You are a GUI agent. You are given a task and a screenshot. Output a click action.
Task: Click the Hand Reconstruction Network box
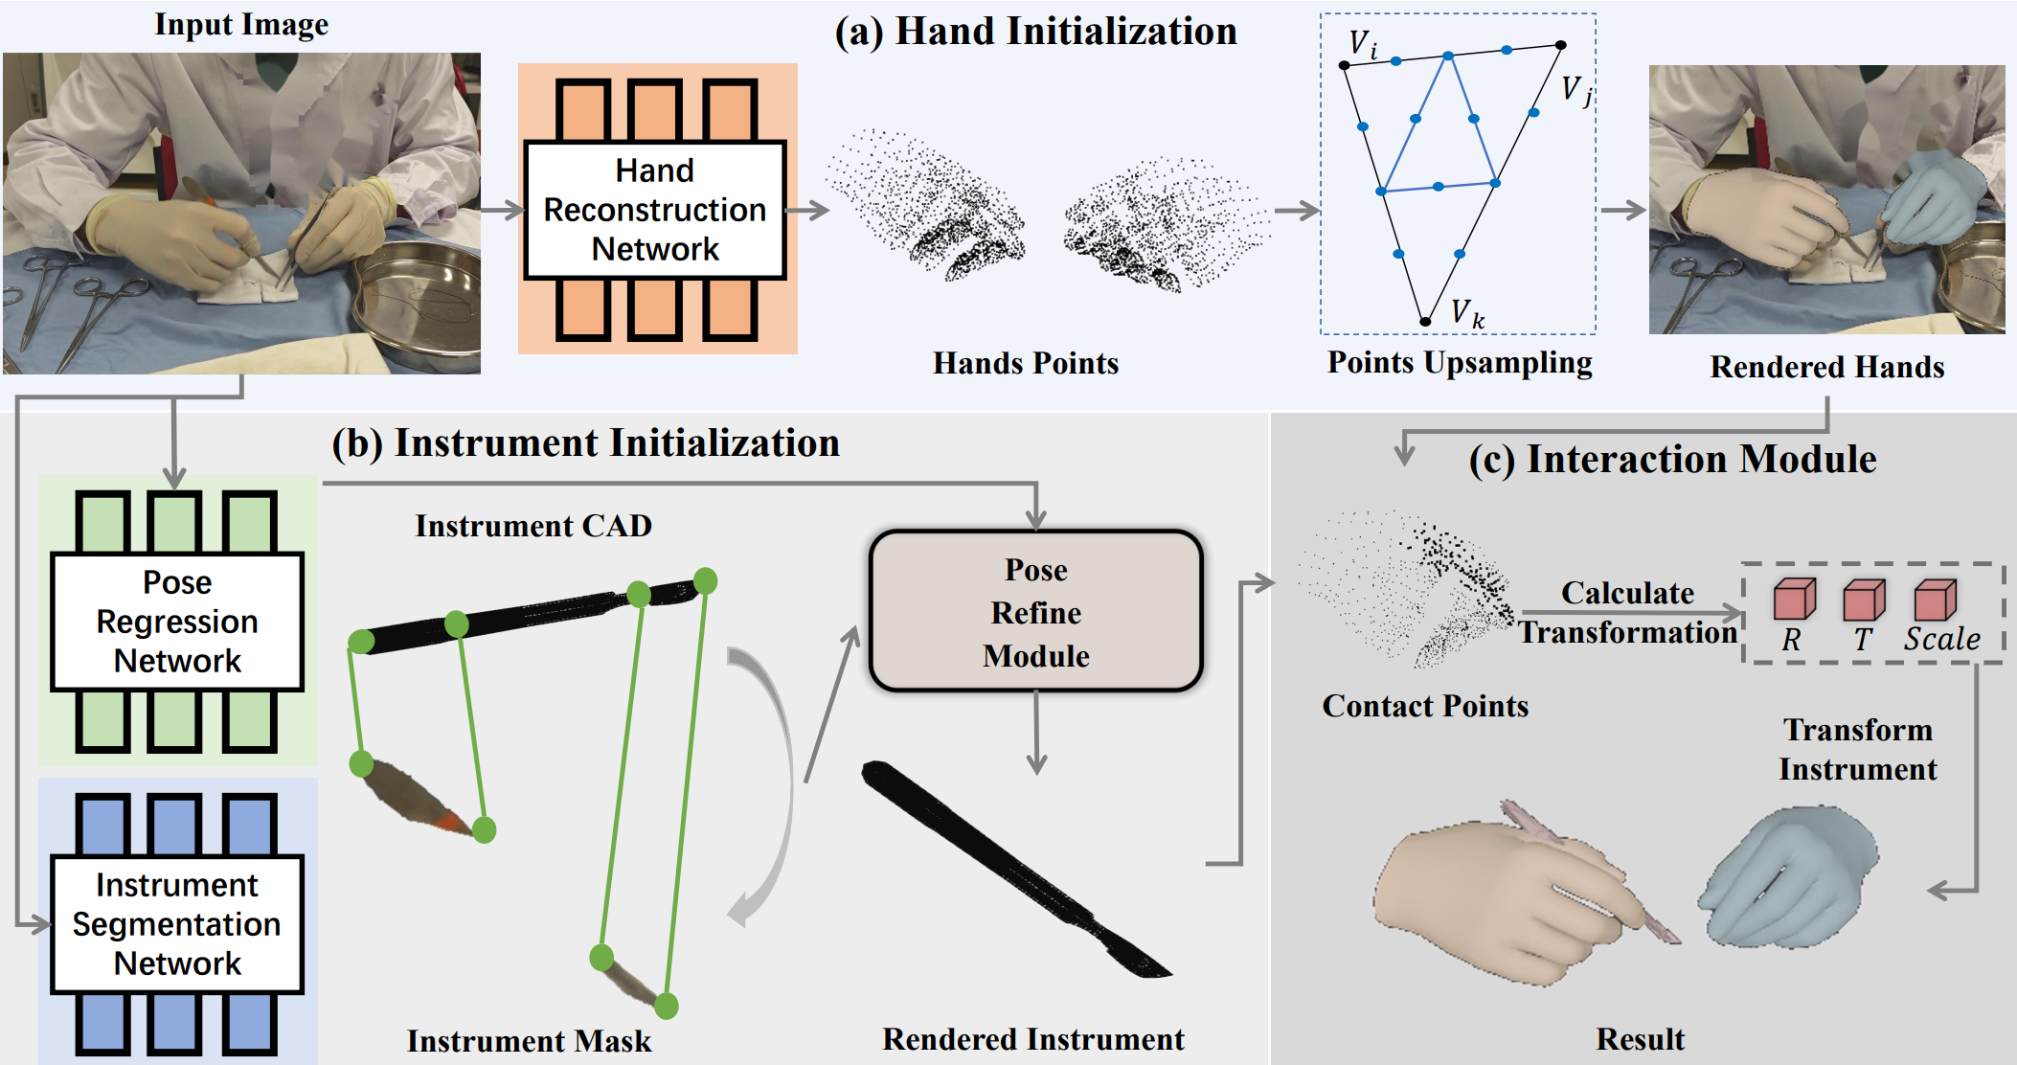coord(655,210)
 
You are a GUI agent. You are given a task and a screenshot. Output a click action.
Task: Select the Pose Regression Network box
coord(177,622)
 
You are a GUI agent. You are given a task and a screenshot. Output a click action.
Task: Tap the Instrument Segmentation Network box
coord(177,924)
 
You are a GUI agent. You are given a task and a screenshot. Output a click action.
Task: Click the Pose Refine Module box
coord(1035,612)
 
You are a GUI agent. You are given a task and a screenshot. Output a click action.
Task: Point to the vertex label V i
coord(1362,44)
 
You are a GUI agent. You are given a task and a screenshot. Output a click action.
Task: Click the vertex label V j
coord(1575,91)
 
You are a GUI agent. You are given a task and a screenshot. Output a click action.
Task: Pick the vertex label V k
coord(1466,313)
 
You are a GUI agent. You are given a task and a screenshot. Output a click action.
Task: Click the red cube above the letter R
coord(1793,600)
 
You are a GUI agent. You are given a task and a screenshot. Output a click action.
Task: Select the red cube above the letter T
coord(1863,600)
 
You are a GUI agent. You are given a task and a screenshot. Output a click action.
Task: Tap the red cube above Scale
coord(1934,600)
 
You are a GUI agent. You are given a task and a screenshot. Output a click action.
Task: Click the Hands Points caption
coord(1026,364)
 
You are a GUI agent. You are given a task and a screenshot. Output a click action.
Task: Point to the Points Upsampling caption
coord(1460,363)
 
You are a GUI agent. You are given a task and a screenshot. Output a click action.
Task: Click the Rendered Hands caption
coord(1826,368)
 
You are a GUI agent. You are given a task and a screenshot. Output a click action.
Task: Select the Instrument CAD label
coord(533,526)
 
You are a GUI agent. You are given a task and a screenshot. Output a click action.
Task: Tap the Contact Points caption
coord(1425,707)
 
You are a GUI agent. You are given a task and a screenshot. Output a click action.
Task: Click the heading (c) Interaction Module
coord(1672,460)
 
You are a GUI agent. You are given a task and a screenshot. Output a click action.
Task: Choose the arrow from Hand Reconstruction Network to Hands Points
coord(807,211)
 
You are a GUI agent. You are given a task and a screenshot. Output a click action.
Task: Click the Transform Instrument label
coord(1857,750)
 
